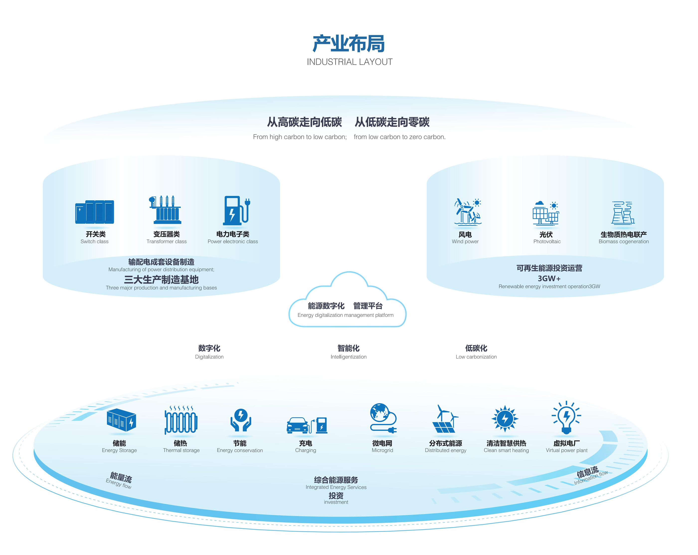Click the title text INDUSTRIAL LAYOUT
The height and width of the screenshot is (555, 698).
coord(349,62)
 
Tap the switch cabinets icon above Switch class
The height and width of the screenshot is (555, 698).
coord(94,212)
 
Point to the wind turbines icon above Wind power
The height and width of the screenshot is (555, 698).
coord(467,212)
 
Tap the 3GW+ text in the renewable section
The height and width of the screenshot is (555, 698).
coord(549,279)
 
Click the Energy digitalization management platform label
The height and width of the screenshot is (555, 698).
coord(346,315)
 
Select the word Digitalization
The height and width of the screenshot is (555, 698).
coord(209,357)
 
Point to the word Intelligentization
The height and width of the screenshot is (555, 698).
coord(348,357)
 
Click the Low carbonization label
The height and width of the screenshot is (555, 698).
coord(476,357)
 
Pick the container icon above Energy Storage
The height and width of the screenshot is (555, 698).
coord(121,420)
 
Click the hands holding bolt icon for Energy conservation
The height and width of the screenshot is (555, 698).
coord(241,420)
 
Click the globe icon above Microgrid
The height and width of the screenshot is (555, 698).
coord(380,413)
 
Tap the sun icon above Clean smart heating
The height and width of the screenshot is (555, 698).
coord(505,419)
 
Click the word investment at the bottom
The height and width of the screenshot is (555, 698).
coord(336,502)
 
